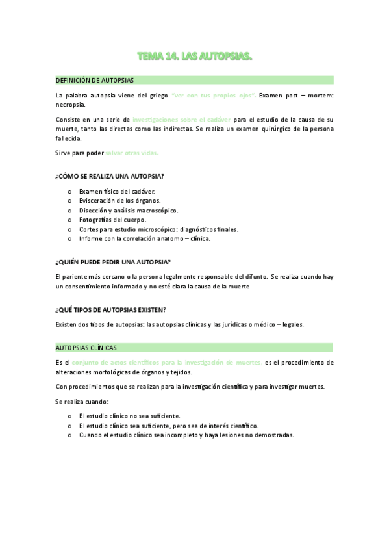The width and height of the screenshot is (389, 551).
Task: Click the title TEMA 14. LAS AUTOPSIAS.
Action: [x=194, y=58]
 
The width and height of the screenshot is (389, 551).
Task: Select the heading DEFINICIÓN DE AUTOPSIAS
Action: [x=95, y=80]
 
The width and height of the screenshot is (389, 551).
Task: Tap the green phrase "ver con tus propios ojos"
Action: [x=214, y=96]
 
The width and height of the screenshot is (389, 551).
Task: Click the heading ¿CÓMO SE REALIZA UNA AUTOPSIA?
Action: [x=109, y=176]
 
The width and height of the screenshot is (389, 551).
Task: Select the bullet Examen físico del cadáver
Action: [x=117, y=192]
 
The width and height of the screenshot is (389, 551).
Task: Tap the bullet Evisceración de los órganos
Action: [x=119, y=201]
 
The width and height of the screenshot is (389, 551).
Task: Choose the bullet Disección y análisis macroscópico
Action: [x=129, y=211]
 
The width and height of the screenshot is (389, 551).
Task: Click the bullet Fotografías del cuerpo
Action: [x=112, y=220]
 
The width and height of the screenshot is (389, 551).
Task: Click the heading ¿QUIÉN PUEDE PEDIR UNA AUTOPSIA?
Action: [x=113, y=262]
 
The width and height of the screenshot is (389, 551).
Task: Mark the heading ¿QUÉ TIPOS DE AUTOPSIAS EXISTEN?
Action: [x=111, y=309]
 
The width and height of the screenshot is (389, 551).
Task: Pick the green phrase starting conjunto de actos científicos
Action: [x=167, y=362]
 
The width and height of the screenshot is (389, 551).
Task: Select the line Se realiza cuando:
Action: [x=82, y=401]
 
